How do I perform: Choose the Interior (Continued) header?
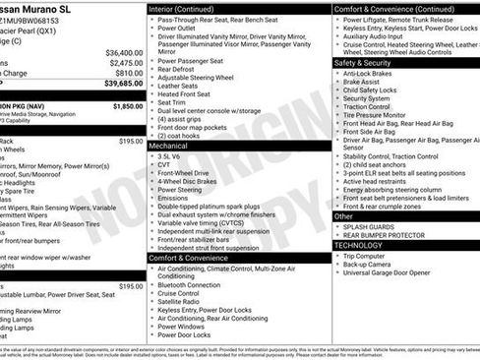click(192, 8)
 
